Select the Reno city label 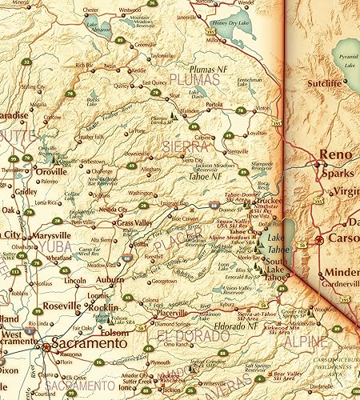click(330, 154)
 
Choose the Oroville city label click(50, 170)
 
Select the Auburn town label click(110, 280)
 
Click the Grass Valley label click(134, 222)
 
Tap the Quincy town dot click(130, 86)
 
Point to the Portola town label click(214, 104)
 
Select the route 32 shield click(26, 62)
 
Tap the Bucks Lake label click(94, 102)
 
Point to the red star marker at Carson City click(319, 238)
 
